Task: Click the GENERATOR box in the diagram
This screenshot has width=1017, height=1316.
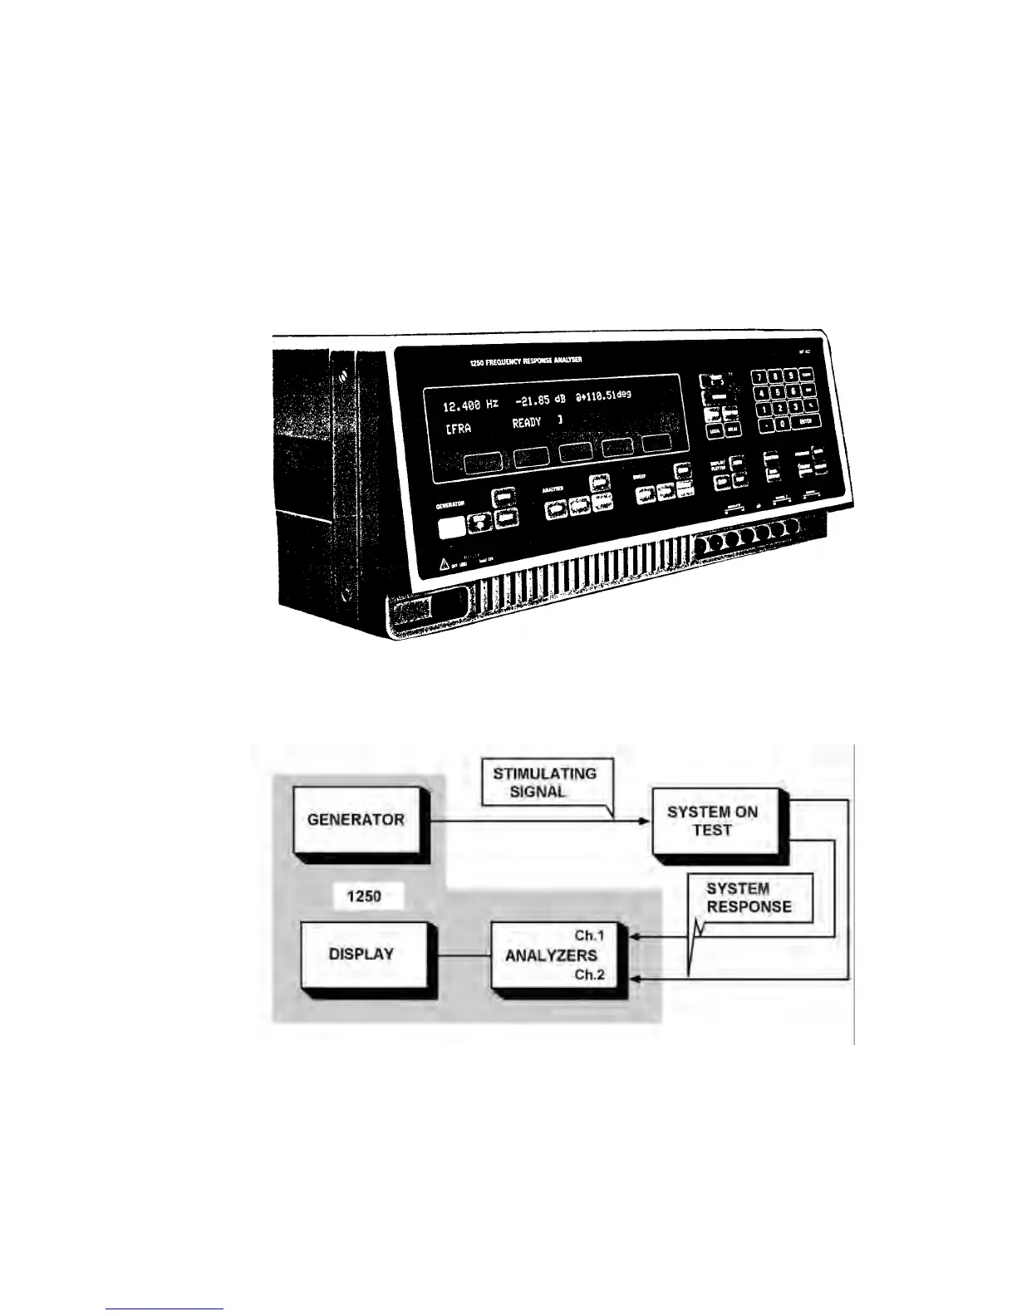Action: (x=356, y=819)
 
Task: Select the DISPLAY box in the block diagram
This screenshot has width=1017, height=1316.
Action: (x=361, y=954)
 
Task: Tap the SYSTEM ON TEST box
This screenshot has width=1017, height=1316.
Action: (x=713, y=820)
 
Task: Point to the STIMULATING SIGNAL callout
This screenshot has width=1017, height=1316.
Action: (x=544, y=782)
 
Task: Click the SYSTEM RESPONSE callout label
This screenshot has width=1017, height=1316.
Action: (x=749, y=897)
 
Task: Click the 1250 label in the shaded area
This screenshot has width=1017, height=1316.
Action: (x=364, y=897)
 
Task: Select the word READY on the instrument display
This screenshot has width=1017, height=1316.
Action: (x=526, y=423)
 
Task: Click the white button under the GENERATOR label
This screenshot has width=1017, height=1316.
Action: (x=451, y=527)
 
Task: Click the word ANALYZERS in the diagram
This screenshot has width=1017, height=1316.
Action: (x=551, y=955)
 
